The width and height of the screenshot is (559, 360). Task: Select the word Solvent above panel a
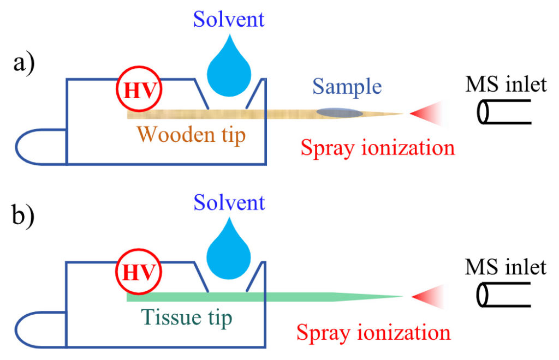click(x=229, y=20)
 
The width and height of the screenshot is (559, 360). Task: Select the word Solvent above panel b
click(x=229, y=203)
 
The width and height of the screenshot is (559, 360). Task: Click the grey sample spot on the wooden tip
click(x=340, y=113)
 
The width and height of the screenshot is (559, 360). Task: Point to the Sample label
click(x=347, y=87)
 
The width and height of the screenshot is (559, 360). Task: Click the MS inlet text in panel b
click(x=506, y=267)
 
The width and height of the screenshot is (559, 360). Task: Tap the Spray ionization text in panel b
click(x=374, y=332)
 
